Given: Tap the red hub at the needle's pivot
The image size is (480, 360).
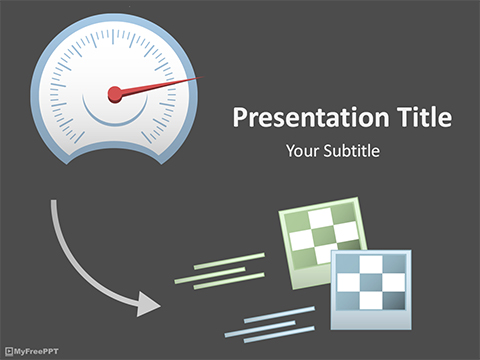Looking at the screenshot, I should tap(115, 94).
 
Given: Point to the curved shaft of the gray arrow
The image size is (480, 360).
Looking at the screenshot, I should tap(75, 255).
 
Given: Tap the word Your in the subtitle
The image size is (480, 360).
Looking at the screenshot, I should tap(301, 152).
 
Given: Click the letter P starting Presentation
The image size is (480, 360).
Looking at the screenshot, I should tap(241, 118).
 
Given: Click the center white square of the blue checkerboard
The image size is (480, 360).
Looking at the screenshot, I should tap(372, 281).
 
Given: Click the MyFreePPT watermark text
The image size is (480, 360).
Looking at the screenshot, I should tap(40, 351).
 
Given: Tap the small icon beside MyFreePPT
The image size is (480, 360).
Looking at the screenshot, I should tap(9, 351).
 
